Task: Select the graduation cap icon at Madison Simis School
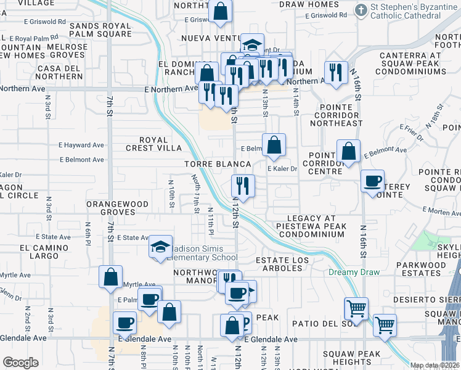[x=160, y=248]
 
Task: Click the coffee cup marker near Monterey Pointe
[x=372, y=181]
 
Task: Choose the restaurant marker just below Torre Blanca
[x=243, y=185]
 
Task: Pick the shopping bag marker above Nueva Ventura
[x=220, y=11]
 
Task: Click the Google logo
[x=21, y=362]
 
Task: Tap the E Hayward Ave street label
[x=82, y=146]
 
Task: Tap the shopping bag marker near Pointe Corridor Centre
[x=349, y=151]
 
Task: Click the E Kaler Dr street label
[x=283, y=169]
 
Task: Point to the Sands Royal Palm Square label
[x=100, y=30]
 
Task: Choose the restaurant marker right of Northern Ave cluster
[x=336, y=72]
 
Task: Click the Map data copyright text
[x=435, y=365]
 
